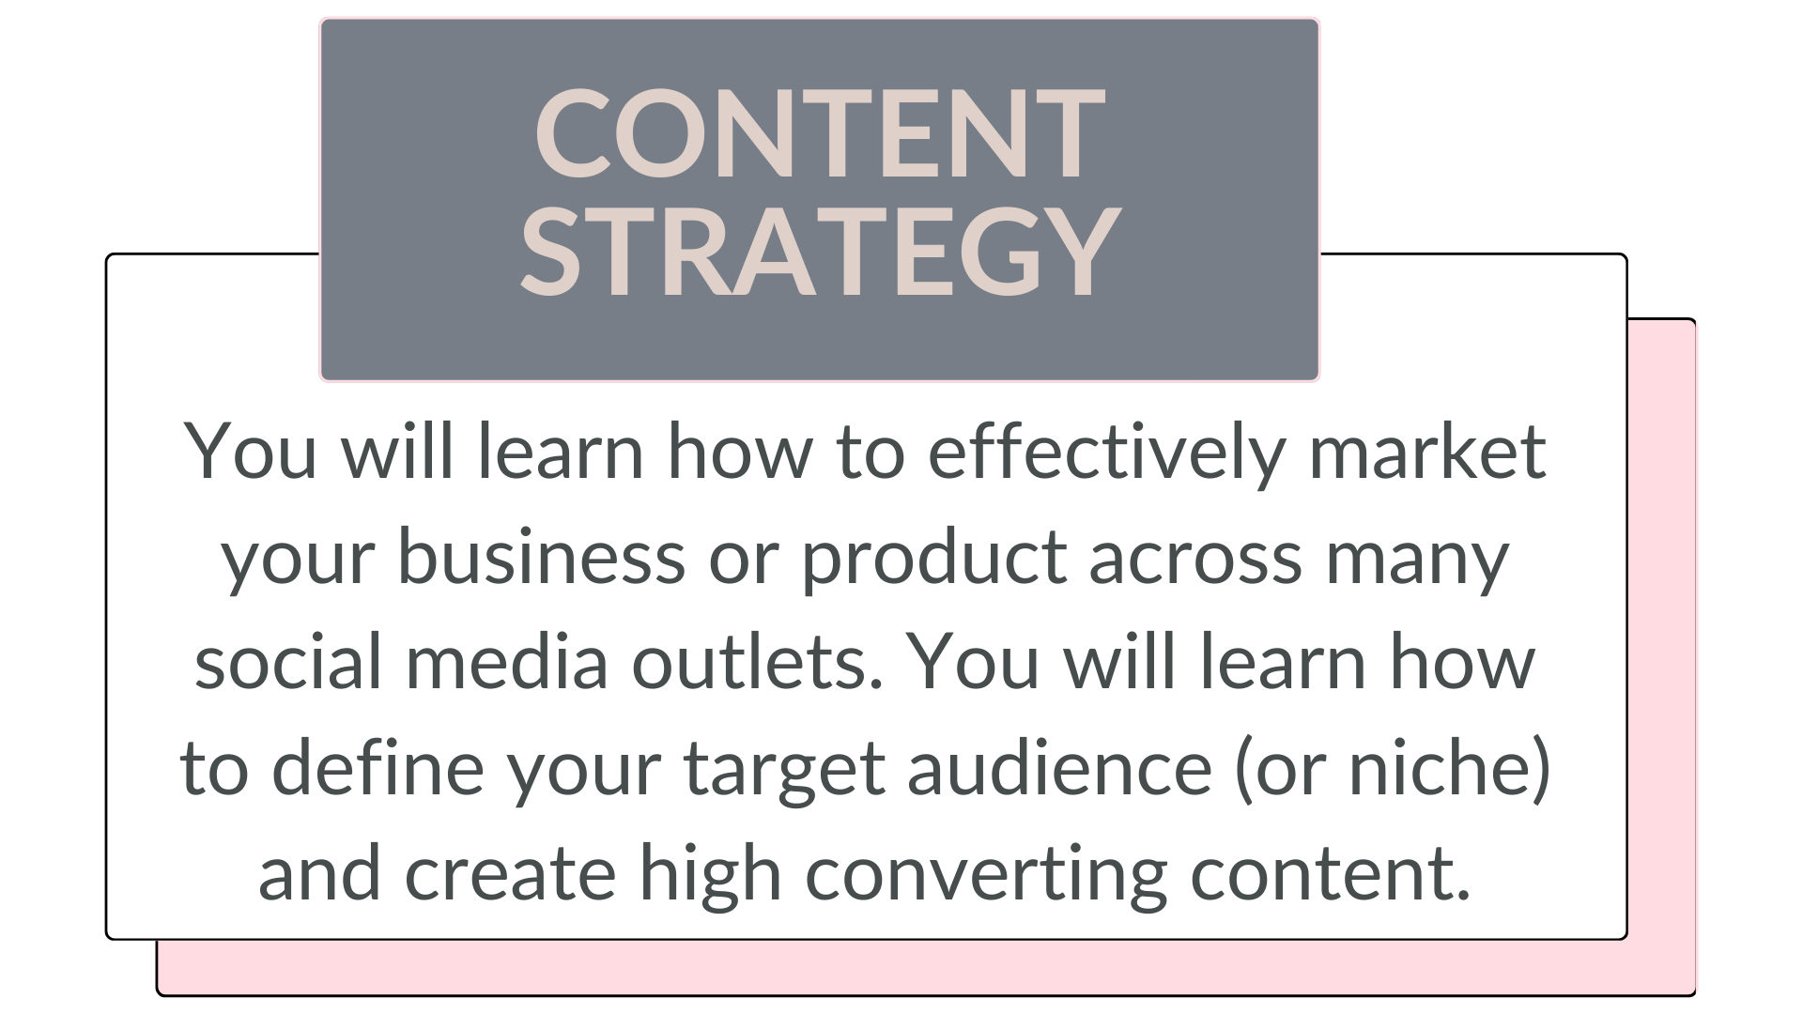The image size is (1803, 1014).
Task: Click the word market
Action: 1427,453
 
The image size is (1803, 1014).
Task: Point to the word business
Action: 542,555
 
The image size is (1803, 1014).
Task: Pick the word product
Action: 932,560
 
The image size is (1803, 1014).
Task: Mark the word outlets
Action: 757,662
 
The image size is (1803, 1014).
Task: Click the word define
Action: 378,765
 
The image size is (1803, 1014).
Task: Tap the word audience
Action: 1060,765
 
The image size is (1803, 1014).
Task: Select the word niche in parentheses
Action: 1437,765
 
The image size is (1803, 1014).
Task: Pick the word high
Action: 710,876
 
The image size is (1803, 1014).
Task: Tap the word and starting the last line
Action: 319,870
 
